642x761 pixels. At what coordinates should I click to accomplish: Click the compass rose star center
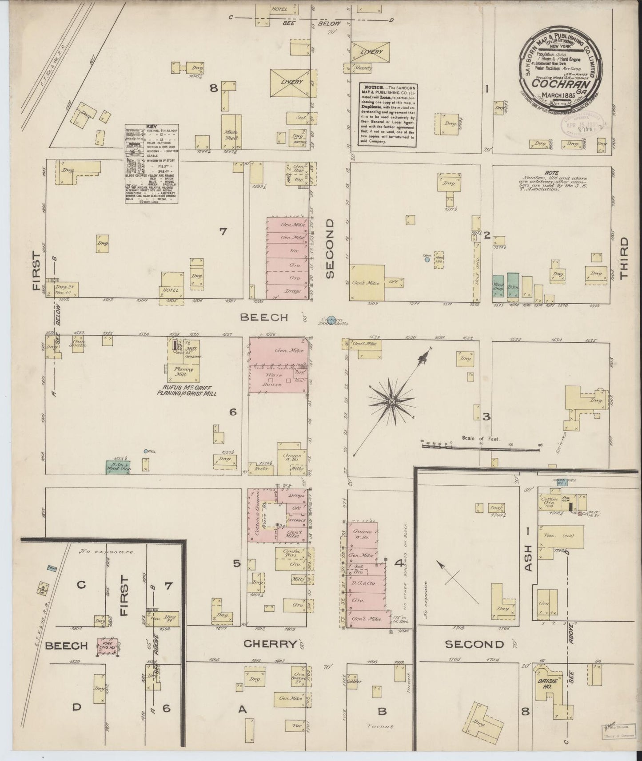click(x=392, y=401)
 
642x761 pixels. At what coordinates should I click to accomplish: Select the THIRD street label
click(x=624, y=258)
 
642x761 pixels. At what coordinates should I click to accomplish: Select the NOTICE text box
click(x=387, y=114)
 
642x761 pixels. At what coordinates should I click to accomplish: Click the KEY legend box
click(x=152, y=163)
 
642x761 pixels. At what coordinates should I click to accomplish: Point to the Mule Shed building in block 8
click(x=231, y=135)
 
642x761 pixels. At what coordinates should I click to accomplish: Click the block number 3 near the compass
click(x=486, y=416)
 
